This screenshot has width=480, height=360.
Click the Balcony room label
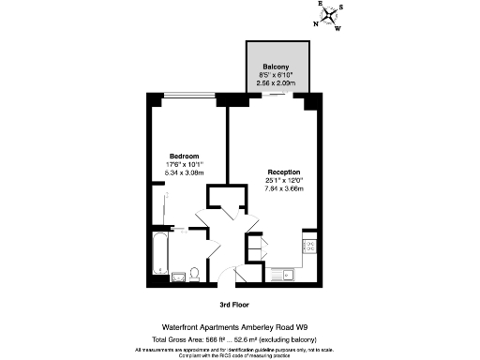(276, 66)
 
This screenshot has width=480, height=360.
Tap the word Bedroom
(184, 156)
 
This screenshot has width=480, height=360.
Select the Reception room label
(283, 172)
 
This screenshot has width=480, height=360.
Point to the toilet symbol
(193, 273)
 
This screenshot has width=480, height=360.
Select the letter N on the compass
(316, 24)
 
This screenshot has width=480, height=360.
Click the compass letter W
(337, 28)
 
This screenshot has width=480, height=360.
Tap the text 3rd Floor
(238, 305)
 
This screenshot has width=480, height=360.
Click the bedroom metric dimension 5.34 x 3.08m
(184, 172)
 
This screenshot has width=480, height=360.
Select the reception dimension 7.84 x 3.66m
(283, 189)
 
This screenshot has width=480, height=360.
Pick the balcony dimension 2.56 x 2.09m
(276, 82)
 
